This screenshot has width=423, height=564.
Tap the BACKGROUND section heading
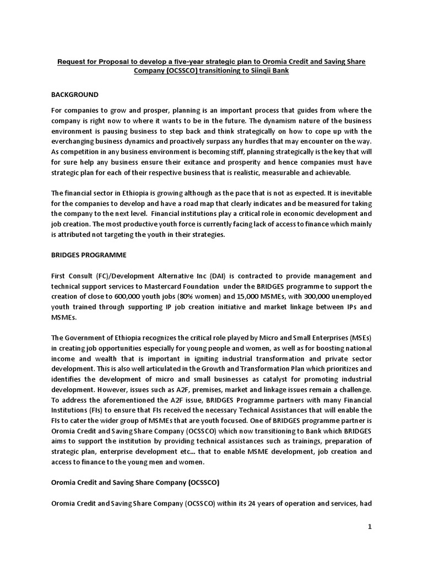coord(75,94)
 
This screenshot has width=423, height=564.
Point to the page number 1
coord(370,527)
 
